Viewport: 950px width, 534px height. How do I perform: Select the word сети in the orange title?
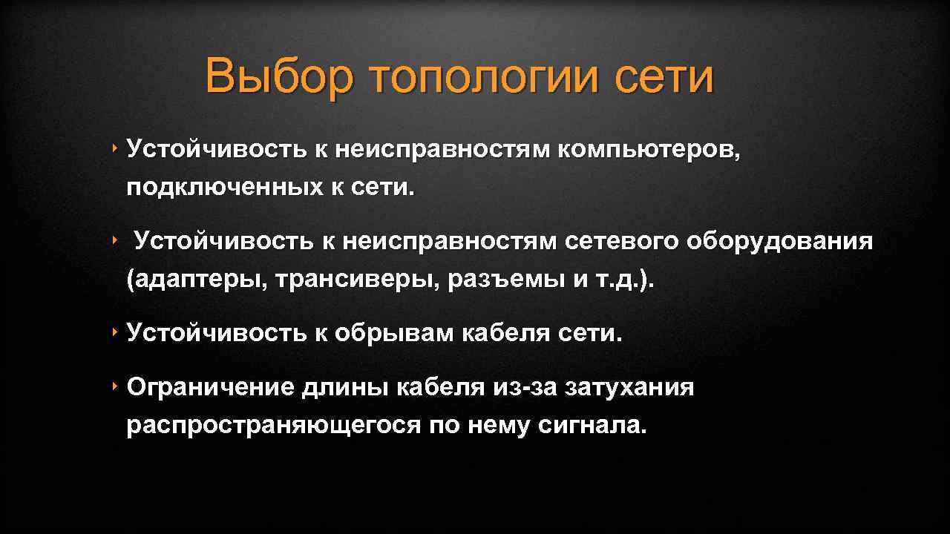pyautogui.click(x=664, y=76)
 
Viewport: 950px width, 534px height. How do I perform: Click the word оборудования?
pyautogui.click(x=780, y=242)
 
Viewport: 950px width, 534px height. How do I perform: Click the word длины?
pyautogui.click(x=344, y=387)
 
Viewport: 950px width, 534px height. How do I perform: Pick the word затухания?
pyautogui.click(x=629, y=387)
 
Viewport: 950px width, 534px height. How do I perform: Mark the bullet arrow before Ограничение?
pyautogui.click(x=117, y=386)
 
